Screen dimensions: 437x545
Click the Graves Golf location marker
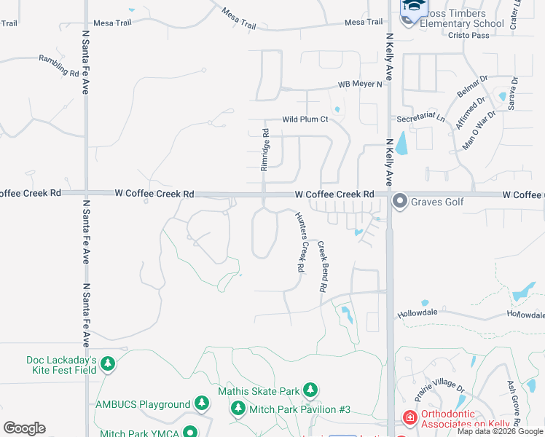tap(399, 200)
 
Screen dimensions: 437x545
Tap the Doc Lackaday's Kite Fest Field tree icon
tap(108, 363)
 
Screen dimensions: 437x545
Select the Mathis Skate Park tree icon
tap(310, 391)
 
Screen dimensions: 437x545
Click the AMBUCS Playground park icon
tap(202, 404)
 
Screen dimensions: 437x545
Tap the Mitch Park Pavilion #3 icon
tap(238, 409)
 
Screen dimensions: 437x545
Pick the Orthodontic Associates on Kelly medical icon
tap(409, 418)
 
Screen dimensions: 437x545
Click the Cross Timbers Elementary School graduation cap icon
tap(414, 7)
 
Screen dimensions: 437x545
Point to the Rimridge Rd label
tap(265, 150)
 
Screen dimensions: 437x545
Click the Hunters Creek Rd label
tap(299, 242)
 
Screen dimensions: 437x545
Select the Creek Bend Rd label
tap(321, 267)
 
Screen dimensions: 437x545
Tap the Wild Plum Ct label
tap(305, 119)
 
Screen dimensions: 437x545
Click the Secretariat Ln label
tap(420, 117)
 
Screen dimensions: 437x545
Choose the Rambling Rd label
tap(59, 67)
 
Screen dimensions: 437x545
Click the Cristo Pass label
tap(468, 35)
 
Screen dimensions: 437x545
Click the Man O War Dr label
tap(479, 130)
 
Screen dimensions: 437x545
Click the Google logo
tap(24, 428)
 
